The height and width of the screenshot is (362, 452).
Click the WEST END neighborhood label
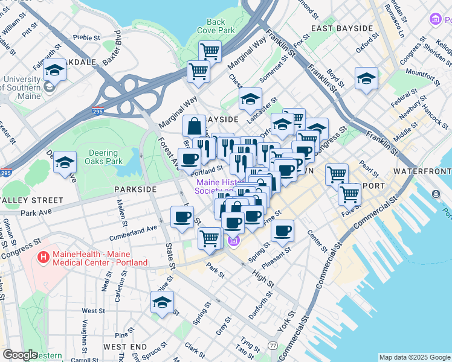[x=124, y=347]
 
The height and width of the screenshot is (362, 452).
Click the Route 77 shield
[x=273, y=346]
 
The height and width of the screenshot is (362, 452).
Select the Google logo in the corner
[x=20, y=355]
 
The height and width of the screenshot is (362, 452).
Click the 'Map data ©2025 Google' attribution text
[x=414, y=357]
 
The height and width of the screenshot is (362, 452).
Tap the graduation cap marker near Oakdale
[x=54, y=71]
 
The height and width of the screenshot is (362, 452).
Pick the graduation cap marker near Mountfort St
[x=366, y=78]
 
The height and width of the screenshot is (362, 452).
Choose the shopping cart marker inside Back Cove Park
[x=210, y=52]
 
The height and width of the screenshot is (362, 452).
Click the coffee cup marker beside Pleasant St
[x=282, y=230]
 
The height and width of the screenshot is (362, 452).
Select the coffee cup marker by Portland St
[x=190, y=159]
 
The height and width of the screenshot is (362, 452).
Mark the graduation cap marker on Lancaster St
[x=250, y=100]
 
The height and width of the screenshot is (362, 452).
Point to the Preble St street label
[x=86, y=37]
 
